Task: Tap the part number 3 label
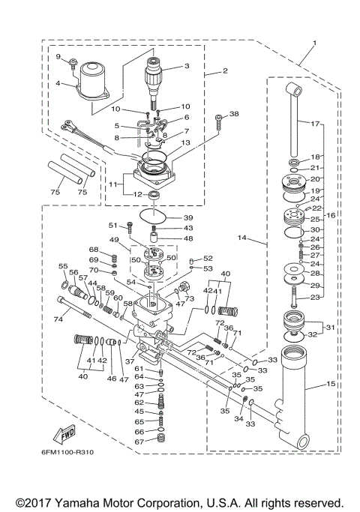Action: pos(187,66)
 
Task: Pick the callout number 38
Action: pos(234,115)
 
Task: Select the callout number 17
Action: pos(315,123)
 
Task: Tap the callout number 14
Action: pos(242,238)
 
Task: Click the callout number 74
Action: pos(58,319)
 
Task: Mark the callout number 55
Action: pos(63,266)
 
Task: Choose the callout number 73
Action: pos(189,298)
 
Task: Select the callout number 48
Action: pos(188,238)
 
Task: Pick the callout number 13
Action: pos(185,142)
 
